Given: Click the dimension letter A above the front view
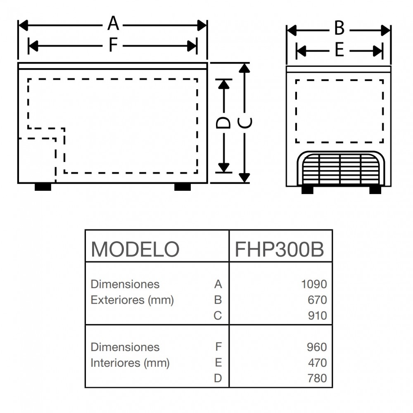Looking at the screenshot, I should (x=113, y=24).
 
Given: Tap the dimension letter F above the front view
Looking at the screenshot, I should (x=113, y=45).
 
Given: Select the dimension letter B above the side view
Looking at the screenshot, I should (x=339, y=29).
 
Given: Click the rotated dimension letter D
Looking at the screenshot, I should (x=223, y=123).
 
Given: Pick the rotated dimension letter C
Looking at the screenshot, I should (x=245, y=123).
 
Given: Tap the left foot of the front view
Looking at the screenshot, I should (x=43, y=187).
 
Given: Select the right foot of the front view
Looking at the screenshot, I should (x=182, y=187).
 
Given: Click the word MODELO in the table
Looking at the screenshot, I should (x=135, y=249).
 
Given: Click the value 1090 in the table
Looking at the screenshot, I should (x=314, y=284).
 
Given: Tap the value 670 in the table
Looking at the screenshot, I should (x=317, y=300).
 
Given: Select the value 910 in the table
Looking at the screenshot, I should (x=317, y=316).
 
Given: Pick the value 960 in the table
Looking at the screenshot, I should (x=317, y=347).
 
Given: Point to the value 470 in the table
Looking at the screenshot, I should (x=317, y=363).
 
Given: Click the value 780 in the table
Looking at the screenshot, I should (x=317, y=378).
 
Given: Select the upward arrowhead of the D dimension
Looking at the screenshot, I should (x=223, y=84).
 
